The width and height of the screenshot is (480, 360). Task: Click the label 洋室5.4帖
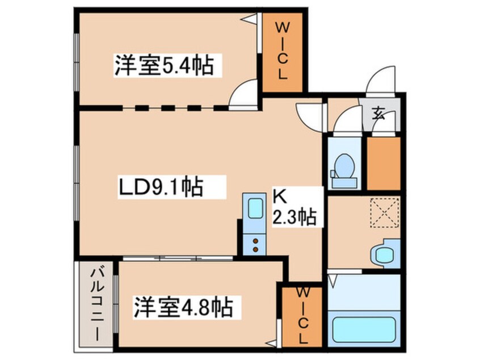tap(165, 66)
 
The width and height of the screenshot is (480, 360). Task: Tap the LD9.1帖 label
tap(161, 187)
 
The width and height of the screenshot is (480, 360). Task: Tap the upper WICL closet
tap(283, 52)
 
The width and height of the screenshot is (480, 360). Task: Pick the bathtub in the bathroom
tap(364, 329)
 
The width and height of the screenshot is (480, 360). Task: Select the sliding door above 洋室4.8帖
tap(178, 258)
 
